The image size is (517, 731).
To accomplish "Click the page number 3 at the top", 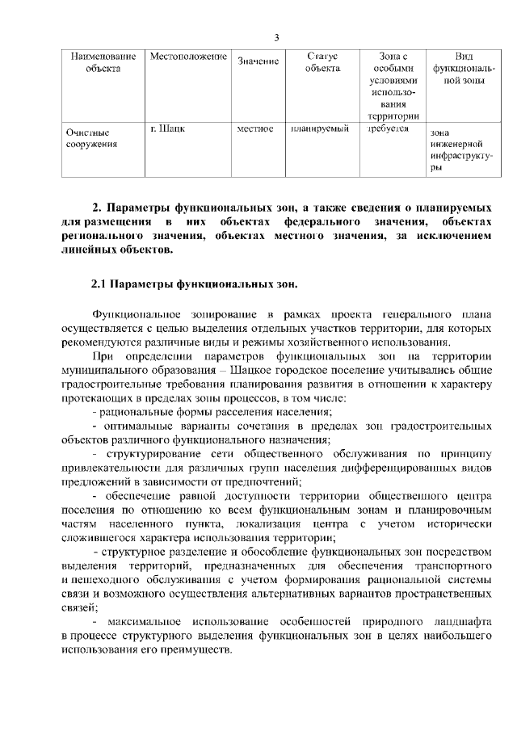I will pyautogui.click(x=276, y=37).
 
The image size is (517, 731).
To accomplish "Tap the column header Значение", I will pyautogui.click(x=258, y=62).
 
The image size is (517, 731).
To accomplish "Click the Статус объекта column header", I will pyautogui.click(x=322, y=62).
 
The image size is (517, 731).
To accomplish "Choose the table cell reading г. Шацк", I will pyautogui.click(x=166, y=128).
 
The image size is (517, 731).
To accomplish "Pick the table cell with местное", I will pyautogui.click(x=255, y=128).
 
